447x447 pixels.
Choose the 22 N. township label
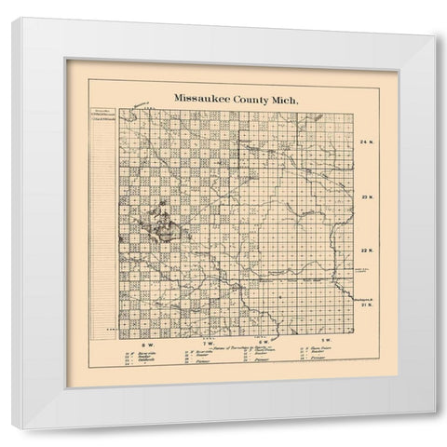(365, 250)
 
